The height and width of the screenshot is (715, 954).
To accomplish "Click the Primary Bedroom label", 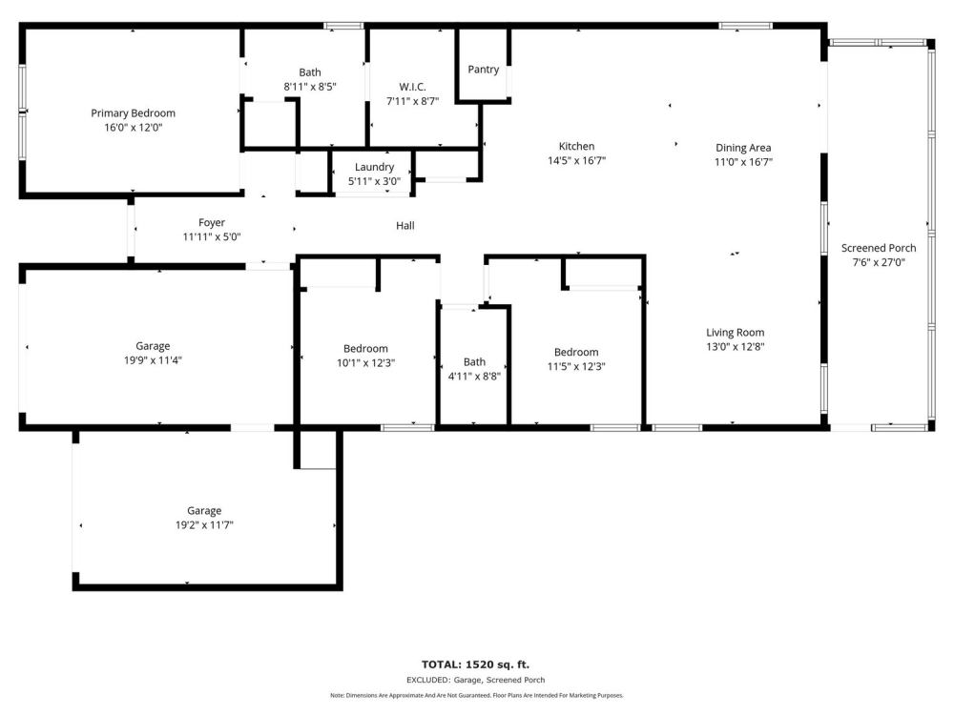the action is (x=134, y=113).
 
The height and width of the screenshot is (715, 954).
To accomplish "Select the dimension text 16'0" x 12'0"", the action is (x=134, y=128).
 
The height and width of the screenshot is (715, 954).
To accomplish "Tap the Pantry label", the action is (x=484, y=70).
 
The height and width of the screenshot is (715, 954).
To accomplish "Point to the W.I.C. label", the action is (x=412, y=87).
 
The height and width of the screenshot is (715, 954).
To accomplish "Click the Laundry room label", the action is (x=374, y=167).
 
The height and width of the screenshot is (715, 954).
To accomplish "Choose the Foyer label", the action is (x=212, y=222).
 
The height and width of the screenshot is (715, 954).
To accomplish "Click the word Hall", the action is (x=405, y=226).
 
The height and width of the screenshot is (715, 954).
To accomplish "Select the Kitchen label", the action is (x=577, y=146).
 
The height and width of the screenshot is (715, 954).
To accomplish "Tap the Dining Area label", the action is (x=743, y=148).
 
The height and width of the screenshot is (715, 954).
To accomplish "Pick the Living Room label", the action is (x=735, y=333).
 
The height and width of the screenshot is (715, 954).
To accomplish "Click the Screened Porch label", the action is (x=879, y=248).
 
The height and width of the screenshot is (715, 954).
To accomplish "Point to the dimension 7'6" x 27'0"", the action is (x=879, y=263).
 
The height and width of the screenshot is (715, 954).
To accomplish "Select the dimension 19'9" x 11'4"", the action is (x=153, y=360).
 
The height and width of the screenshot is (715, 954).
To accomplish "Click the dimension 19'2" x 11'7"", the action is (x=204, y=525).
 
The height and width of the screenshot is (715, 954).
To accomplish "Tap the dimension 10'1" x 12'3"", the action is (x=365, y=363).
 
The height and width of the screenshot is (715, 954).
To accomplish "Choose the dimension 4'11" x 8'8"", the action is (x=474, y=377).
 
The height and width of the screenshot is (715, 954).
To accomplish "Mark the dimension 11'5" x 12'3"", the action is (x=576, y=367).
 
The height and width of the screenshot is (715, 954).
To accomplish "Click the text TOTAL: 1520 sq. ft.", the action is (x=476, y=664).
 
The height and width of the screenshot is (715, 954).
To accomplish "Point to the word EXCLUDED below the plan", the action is (x=428, y=681).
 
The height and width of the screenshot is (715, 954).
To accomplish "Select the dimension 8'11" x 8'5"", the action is (x=310, y=87).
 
